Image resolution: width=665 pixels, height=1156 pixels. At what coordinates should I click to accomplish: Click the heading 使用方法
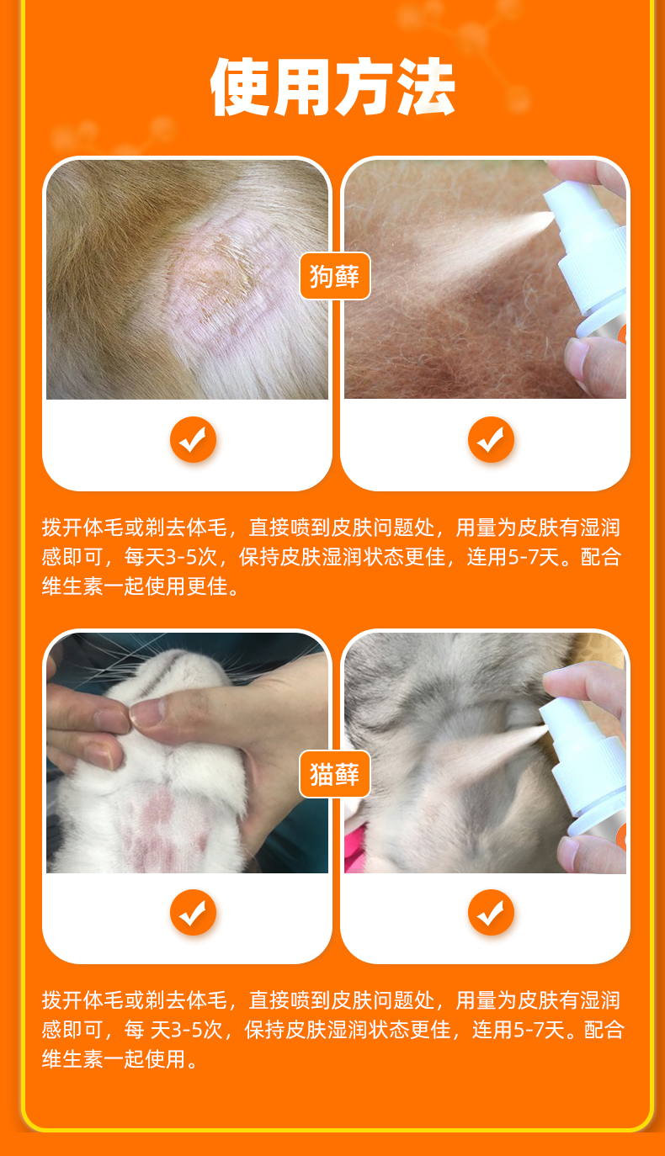tap(332, 87)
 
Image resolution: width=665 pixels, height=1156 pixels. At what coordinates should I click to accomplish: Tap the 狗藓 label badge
tap(335, 276)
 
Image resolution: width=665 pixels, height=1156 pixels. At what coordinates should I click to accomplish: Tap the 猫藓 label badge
tap(335, 774)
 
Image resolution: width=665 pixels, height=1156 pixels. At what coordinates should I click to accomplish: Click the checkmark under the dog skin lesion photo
tap(193, 440)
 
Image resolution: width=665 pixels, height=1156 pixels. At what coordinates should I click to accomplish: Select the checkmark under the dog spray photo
tap(491, 440)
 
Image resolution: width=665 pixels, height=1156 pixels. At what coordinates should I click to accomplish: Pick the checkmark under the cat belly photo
tap(193, 912)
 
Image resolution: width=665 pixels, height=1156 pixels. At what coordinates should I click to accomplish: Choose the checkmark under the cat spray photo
tap(491, 912)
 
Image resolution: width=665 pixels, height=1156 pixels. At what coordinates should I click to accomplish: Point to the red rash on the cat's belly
tap(160, 825)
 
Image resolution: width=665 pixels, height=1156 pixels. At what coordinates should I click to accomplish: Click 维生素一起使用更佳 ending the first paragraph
tap(135, 586)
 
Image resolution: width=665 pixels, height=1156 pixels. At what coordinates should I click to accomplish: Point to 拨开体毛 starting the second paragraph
tap(82, 1000)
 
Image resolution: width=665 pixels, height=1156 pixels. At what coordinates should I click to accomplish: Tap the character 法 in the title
tap(426, 87)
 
